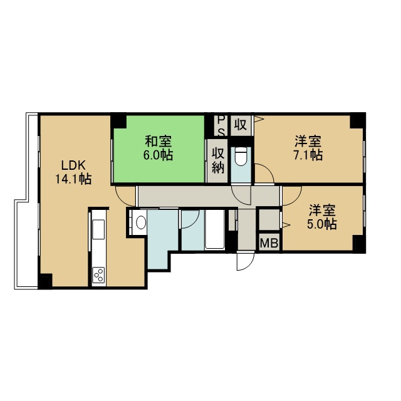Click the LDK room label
coord(73,165)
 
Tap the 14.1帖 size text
coord(73,179)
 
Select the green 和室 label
coord(159,142)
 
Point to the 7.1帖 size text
coord(308,155)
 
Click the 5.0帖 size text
coord(322,224)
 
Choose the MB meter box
coord(269,243)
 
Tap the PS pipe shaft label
coord(221,126)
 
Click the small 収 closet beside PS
coord(241,125)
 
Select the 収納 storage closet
coord(217,161)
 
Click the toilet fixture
coord(241,157)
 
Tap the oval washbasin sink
coord(141,222)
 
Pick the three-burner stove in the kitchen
coord(99,275)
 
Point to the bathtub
coord(215,229)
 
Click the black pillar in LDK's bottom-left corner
coord(45,281)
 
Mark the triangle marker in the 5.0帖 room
coord(286,225)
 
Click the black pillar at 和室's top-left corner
coord(118,122)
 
